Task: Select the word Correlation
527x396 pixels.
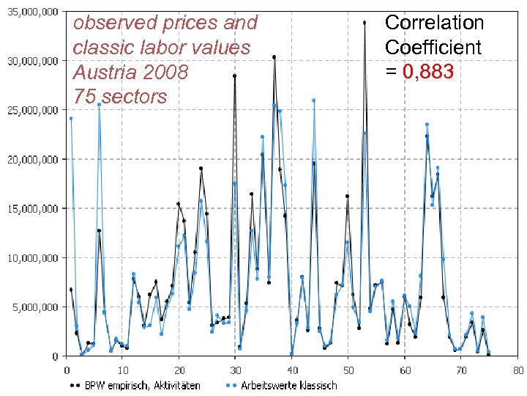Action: click(434, 22)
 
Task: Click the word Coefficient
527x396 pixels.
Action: click(433, 47)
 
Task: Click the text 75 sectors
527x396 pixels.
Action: click(120, 96)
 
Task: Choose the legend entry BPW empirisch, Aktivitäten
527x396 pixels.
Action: click(135, 385)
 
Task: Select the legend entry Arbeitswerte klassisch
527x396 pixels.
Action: click(281, 385)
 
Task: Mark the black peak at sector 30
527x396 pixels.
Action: click(234, 76)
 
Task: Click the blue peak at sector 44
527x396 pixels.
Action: click(313, 100)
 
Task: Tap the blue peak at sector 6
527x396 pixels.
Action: click(99, 104)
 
